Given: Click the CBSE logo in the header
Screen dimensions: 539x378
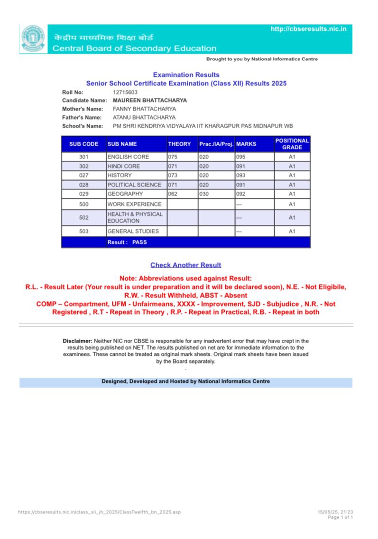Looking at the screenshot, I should click(33, 39).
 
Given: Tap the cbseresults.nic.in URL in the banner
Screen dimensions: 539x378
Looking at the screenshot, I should click(308, 29).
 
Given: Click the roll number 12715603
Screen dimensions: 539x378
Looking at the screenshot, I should click(125, 92).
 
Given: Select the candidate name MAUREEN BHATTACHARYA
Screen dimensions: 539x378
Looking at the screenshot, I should click(149, 101).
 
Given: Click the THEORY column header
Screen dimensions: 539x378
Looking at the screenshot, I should click(179, 144).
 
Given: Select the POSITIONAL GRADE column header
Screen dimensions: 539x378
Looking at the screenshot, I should click(292, 144).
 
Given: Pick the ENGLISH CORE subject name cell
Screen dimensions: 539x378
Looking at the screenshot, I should click(128, 157).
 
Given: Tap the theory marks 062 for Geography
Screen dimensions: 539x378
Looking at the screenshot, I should click(174, 194).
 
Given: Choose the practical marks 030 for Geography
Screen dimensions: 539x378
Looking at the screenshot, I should click(204, 194).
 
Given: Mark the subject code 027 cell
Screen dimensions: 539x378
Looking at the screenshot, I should click(84, 176).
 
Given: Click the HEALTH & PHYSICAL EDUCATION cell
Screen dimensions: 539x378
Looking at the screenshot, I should click(135, 217).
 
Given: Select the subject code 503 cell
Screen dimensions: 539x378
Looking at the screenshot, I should click(84, 232).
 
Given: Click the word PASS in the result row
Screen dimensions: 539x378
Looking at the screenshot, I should click(140, 242).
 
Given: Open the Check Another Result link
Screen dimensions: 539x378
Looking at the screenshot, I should click(186, 265).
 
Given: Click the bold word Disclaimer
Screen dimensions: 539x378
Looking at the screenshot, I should click(77, 341).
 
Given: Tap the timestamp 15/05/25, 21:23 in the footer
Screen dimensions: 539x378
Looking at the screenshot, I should click(335, 512).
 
